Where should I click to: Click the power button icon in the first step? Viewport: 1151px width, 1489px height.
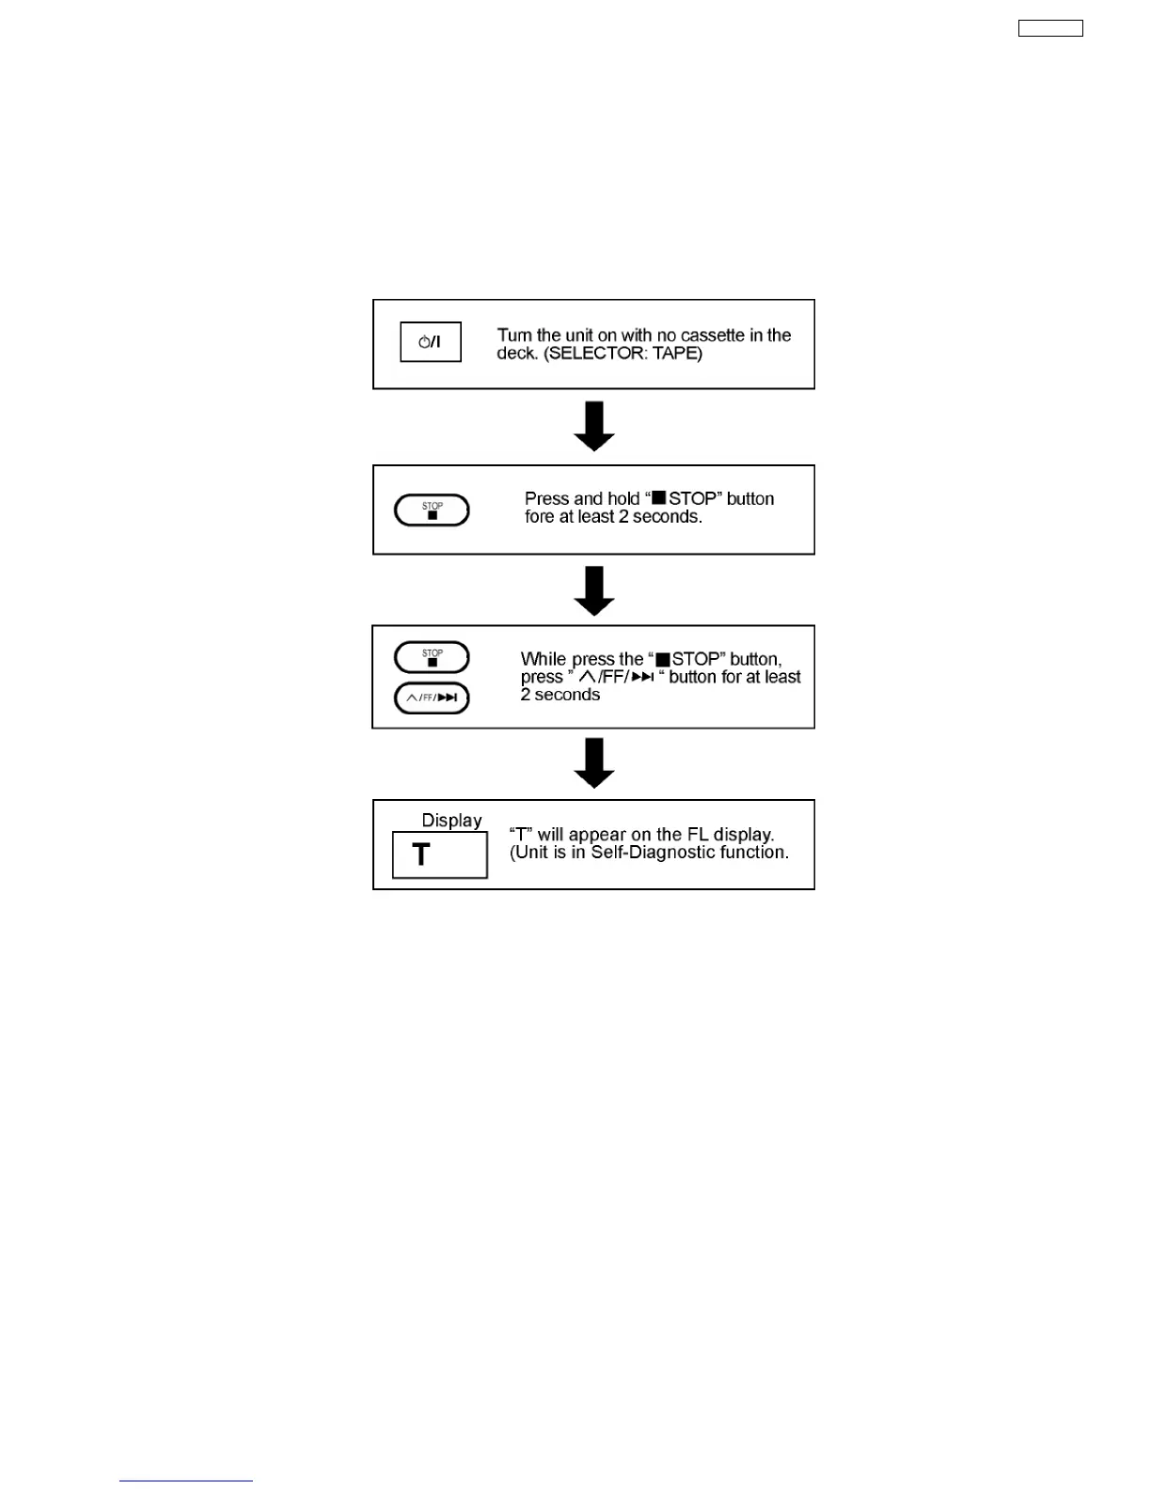pyautogui.click(x=431, y=342)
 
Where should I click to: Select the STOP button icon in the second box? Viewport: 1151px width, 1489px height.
pyautogui.click(x=432, y=510)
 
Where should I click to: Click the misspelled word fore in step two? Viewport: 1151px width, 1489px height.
pyautogui.click(x=540, y=517)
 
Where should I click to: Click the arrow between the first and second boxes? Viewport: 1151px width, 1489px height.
pyautogui.click(x=594, y=426)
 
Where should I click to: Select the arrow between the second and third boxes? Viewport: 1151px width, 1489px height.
pyautogui.click(x=594, y=590)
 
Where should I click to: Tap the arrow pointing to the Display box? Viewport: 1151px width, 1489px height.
pyautogui.click(x=594, y=762)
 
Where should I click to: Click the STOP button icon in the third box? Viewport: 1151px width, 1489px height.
pyautogui.click(x=432, y=657)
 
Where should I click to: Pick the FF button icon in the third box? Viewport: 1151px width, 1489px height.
pyautogui.click(x=432, y=697)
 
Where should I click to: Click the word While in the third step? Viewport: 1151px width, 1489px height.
pyautogui.click(x=544, y=659)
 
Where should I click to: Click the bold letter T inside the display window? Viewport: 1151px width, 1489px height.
pyautogui.click(x=421, y=854)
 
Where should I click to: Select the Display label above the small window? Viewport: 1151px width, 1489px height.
pyautogui.click(x=451, y=821)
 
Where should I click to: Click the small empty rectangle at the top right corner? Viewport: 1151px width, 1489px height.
pyautogui.click(x=1050, y=28)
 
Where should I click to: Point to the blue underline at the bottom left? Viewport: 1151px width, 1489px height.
pyautogui.click(x=186, y=1481)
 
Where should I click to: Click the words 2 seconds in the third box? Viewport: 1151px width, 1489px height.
pyautogui.click(x=560, y=695)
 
